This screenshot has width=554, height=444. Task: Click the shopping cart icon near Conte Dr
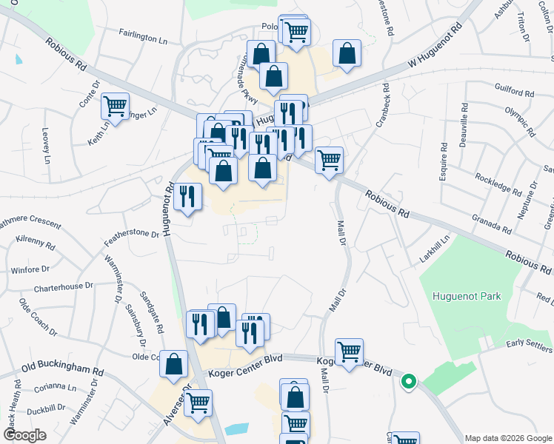click(x=116, y=107)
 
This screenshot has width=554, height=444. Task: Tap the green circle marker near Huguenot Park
click(x=407, y=382)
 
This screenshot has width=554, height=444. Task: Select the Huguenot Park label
click(x=467, y=297)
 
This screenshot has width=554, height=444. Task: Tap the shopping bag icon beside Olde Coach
click(x=174, y=364)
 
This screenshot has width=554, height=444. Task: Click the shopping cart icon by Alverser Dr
click(x=198, y=403)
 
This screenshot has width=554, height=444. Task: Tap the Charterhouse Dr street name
click(x=63, y=285)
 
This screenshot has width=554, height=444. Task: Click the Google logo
click(x=24, y=434)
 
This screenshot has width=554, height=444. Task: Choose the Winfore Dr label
click(x=30, y=270)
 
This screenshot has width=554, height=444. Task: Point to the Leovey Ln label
click(x=46, y=148)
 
